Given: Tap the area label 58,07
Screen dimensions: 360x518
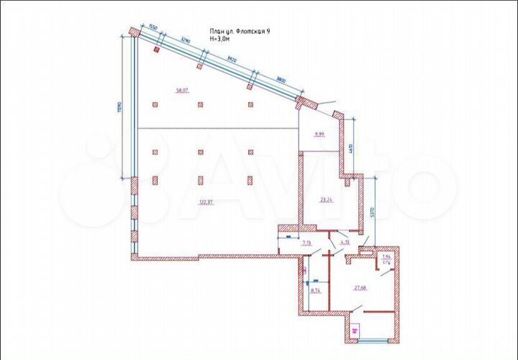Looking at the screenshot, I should (x=181, y=91).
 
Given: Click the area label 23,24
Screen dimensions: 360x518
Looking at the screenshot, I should (x=325, y=199).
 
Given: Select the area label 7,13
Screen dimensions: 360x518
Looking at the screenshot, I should (x=306, y=243).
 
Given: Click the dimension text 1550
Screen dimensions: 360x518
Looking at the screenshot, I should (x=153, y=29).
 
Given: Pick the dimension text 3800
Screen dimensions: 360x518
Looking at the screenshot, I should (x=281, y=81).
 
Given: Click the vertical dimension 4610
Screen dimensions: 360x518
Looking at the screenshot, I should (x=350, y=150).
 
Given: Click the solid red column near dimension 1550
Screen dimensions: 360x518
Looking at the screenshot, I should (x=156, y=50).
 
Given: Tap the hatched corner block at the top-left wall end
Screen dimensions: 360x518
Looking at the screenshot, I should (x=134, y=32).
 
